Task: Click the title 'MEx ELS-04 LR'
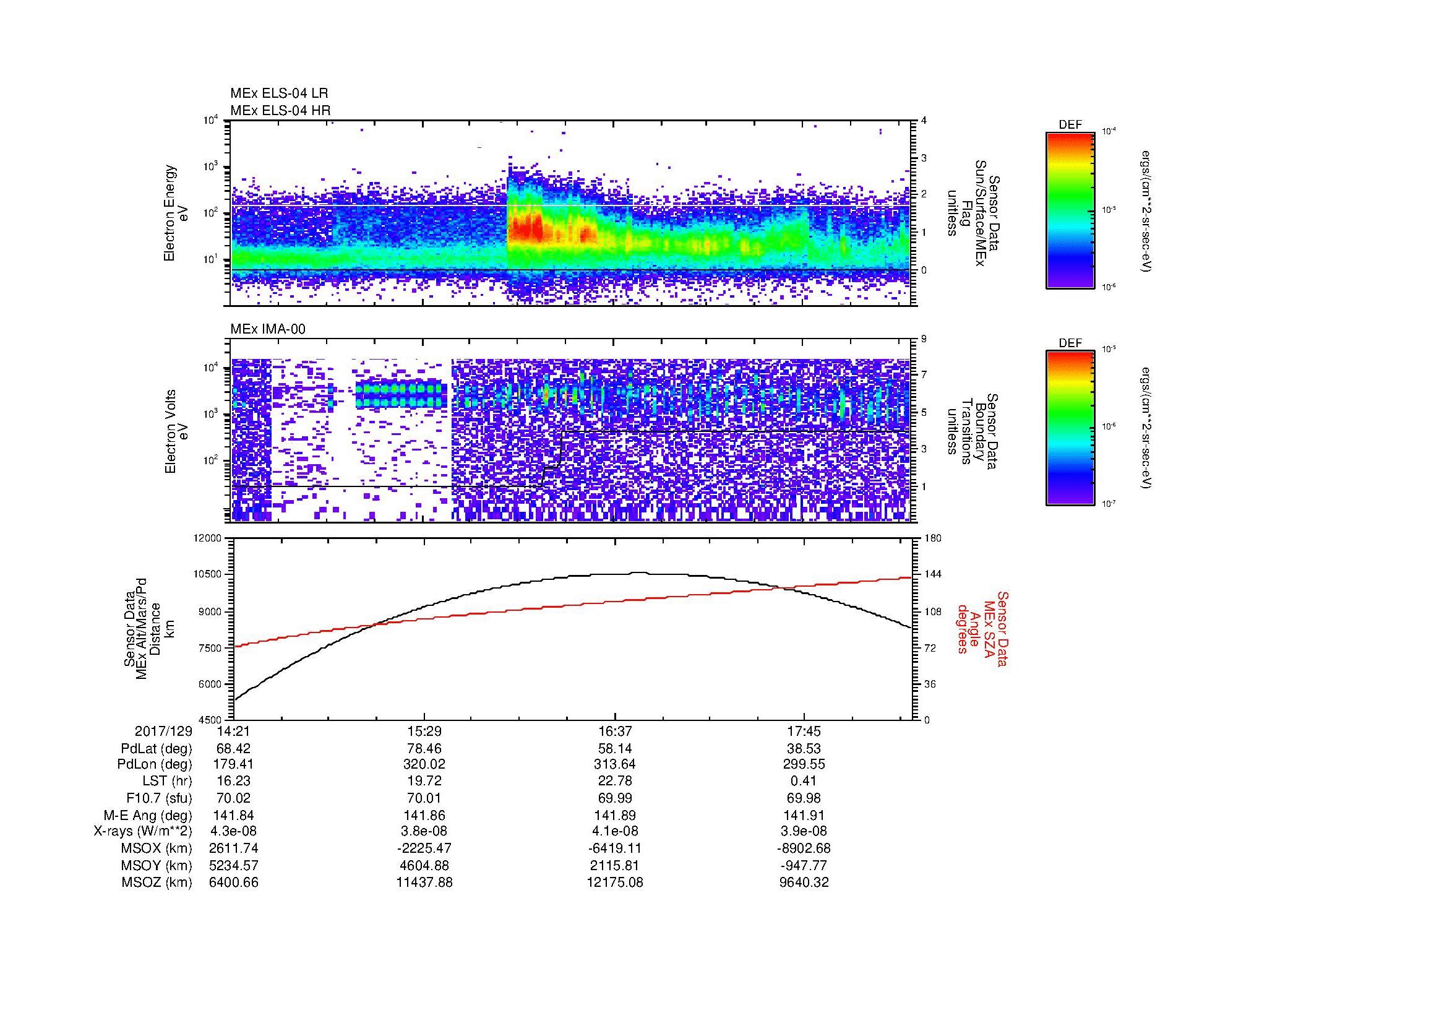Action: tap(279, 93)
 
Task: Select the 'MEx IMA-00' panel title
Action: tap(268, 329)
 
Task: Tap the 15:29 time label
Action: tap(424, 732)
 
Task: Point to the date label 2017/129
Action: tap(163, 732)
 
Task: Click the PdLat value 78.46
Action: tap(424, 749)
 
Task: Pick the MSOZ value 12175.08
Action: tap(614, 883)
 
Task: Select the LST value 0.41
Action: tap(804, 782)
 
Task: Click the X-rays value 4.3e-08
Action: tap(234, 831)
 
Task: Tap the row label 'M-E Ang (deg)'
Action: tap(148, 815)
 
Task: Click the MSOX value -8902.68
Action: tap(804, 848)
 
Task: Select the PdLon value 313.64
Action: tap(614, 765)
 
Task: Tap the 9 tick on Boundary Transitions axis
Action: tap(924, 339)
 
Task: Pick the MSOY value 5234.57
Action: tap(234, 865)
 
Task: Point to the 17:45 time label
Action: tap(804, 732)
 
